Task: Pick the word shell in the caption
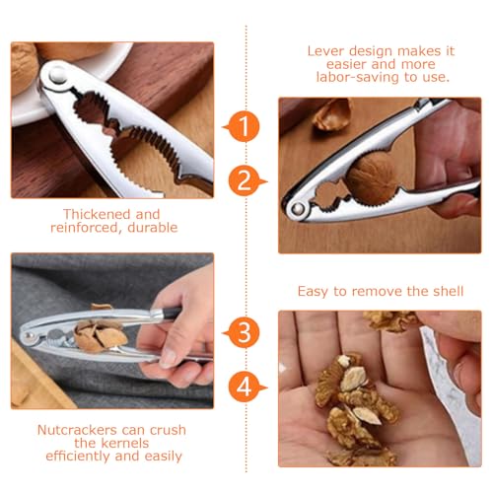tap(436, 291)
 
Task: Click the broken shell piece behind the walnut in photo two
tap(331, 113)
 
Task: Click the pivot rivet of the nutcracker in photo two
tap(295, 208)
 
